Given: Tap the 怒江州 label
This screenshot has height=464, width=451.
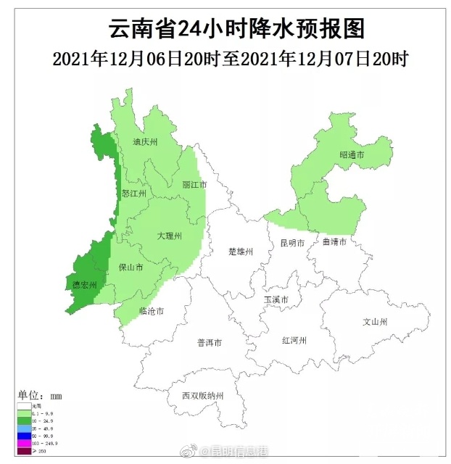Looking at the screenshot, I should [134, 194].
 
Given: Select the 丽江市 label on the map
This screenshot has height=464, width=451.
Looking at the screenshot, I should [194, 185].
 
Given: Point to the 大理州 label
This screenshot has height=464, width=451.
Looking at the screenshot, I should [169, 236].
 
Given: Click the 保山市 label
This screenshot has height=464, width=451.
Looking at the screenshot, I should [131, 268].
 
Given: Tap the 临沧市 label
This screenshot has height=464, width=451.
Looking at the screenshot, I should [151, 311].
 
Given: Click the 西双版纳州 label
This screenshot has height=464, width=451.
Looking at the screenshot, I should [203, 396].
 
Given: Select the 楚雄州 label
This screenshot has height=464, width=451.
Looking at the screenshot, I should [240, 252].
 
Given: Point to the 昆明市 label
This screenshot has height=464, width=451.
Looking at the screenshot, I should [291, 243].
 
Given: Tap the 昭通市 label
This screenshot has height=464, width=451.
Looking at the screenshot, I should [352, 155].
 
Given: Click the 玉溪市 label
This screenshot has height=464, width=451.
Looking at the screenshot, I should [276, 299].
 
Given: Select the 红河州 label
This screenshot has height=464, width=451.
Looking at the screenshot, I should [295, 340].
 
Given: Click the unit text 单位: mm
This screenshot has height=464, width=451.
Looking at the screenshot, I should [41, 396].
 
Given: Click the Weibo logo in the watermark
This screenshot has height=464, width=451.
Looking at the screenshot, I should [195, 453].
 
